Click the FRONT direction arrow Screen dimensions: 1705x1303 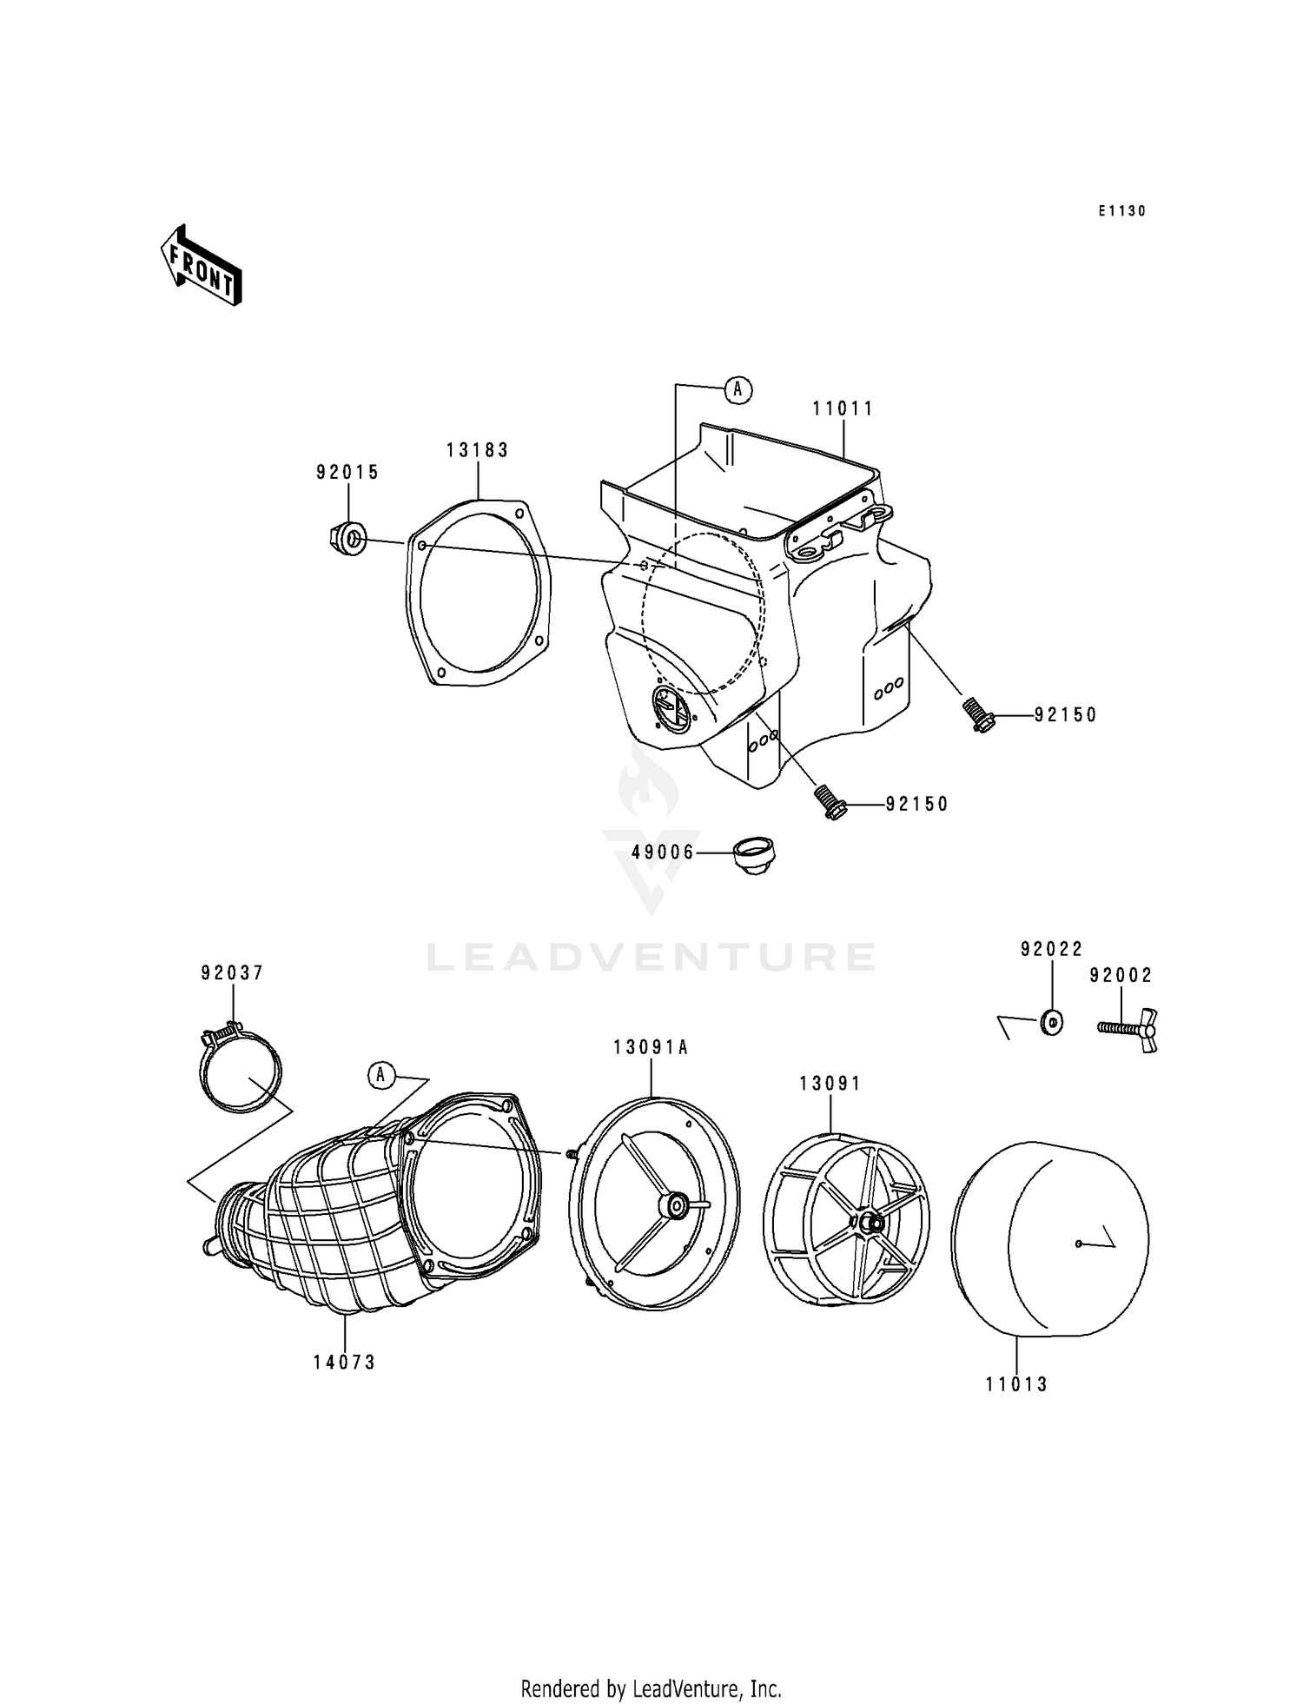201,266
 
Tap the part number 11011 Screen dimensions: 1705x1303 843,408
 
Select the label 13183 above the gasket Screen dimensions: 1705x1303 478,450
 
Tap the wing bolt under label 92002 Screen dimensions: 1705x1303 1127,1028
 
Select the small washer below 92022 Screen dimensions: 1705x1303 1051,1023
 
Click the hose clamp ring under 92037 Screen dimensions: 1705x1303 241,1070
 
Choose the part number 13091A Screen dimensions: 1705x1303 651,1048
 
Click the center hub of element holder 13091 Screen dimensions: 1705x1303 870,1223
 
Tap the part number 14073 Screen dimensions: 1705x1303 345,1363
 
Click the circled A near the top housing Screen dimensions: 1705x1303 737,390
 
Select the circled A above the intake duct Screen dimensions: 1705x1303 380,1075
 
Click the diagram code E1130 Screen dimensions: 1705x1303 1121,211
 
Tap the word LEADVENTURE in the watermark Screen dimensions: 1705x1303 651,957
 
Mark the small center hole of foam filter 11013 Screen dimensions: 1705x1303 1077,1244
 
